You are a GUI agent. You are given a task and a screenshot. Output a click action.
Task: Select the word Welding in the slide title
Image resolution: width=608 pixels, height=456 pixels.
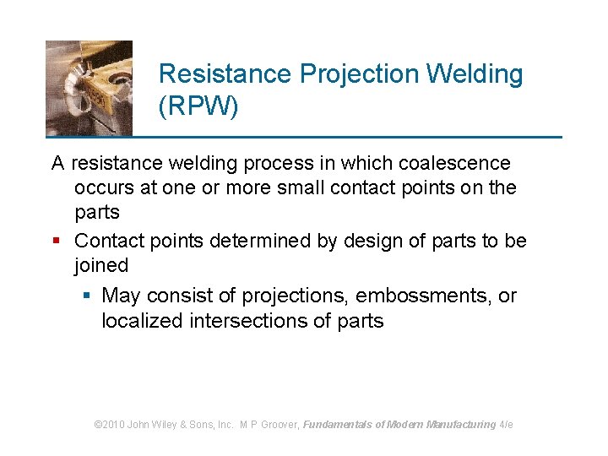pos(475,74)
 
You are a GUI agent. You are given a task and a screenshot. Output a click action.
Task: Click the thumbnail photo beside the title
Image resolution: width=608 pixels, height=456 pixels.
pos(89,88)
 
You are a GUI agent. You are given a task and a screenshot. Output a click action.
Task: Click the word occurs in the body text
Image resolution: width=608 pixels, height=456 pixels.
pos(102,188)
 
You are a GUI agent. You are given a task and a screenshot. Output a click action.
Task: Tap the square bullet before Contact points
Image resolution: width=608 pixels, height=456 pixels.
pos(57,242)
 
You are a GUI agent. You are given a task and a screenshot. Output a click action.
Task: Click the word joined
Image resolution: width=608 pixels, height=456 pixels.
pos(101,265)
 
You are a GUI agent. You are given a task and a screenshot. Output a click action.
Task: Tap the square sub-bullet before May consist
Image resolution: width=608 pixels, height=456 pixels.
pos(87,296)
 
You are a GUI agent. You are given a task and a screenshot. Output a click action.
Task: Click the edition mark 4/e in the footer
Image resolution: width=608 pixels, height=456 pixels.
pos(507,425)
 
